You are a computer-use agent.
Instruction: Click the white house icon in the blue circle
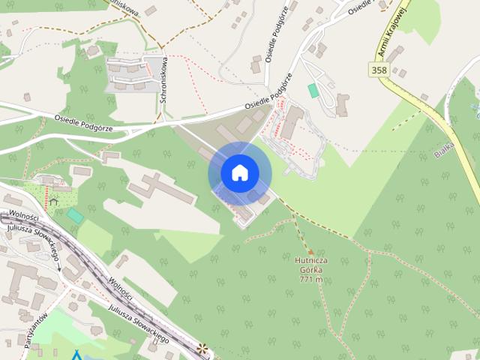[x=239, y=173]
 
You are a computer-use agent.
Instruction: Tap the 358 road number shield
[x=379, y=70]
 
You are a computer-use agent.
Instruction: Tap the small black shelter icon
[x=53, y=201]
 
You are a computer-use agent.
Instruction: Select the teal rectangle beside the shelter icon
[x=75, y=215]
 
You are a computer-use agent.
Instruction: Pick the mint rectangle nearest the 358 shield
[x=313, y=90]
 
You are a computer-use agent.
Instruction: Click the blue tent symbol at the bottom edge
[x=76, y=355]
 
